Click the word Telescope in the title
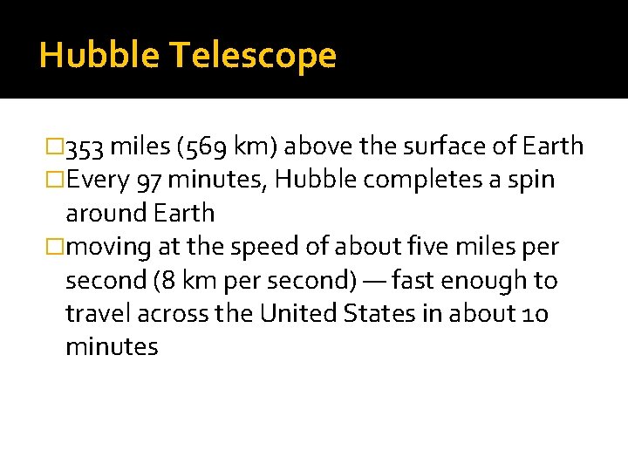pos(252,56)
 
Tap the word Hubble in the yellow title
pos(99,56)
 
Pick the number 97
pos(152,181)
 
